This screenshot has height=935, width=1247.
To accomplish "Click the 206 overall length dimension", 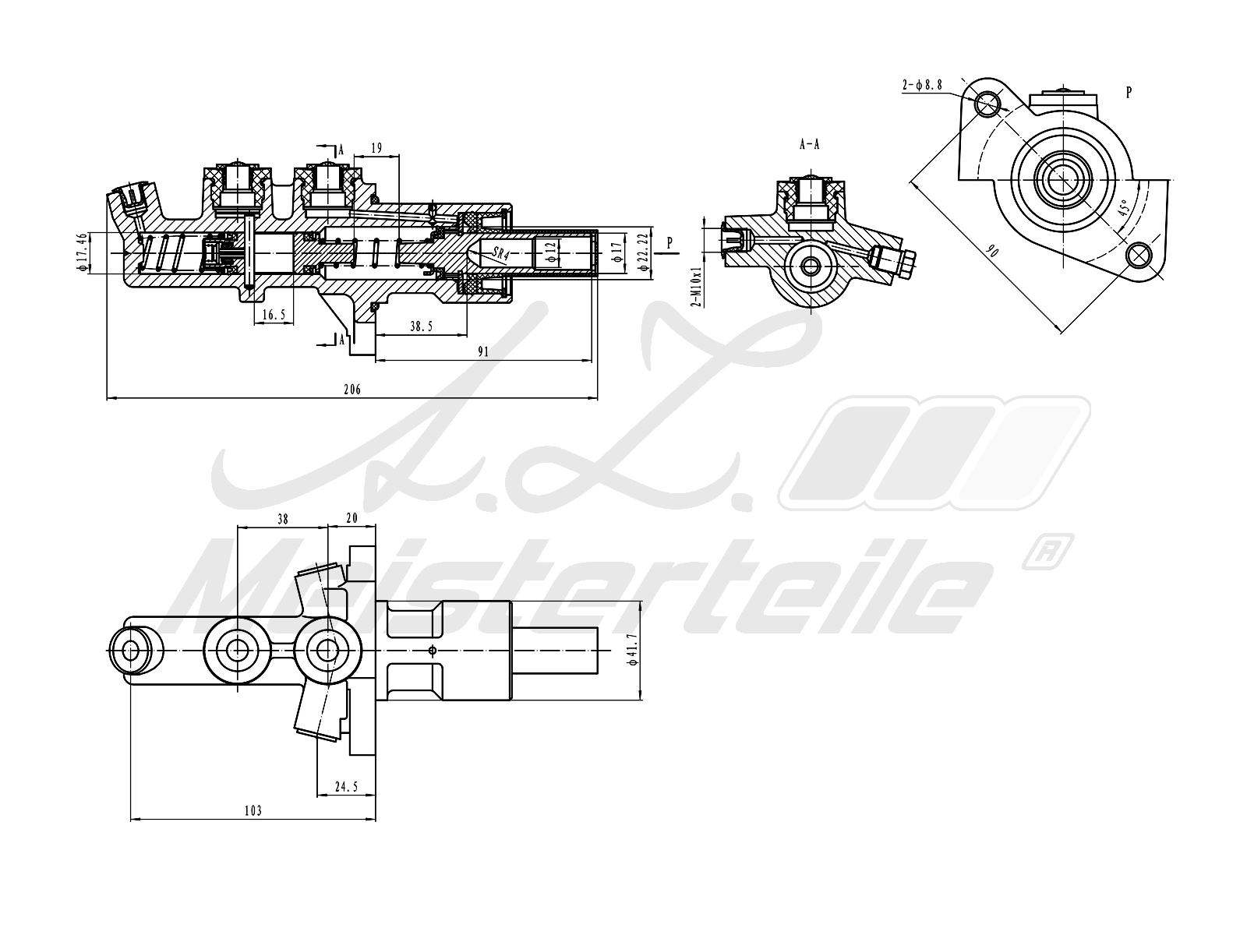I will tap(352, 390).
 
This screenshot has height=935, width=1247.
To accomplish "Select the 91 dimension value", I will tap(483, 351).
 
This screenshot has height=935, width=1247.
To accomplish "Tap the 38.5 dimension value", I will tap(421, 327).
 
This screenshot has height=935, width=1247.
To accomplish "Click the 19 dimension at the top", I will tap(377, 147).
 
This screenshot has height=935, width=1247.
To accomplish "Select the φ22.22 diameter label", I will tap(643, 251).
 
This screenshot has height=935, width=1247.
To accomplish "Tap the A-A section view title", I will tap(810, 144).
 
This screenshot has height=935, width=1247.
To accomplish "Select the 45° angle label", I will tap(1124, 210).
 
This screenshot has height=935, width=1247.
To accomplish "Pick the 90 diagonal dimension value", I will tap(992, 252).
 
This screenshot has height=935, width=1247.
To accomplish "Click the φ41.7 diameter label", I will tap(633, 649).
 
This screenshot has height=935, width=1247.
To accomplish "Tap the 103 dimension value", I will tap(253, 810).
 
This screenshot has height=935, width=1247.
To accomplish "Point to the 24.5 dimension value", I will tap(345, 787).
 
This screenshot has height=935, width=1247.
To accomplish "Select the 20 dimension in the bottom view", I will tap(351, 517).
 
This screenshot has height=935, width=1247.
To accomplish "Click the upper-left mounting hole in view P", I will tap(988, 101).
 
